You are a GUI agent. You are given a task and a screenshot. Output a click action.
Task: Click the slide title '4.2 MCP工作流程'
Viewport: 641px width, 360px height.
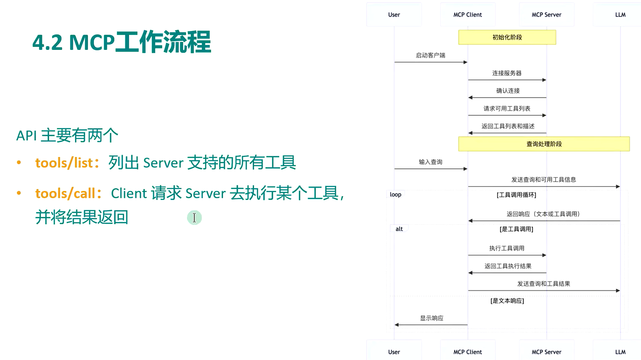[122, 42]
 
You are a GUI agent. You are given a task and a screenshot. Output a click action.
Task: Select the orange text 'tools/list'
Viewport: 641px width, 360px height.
[64, 163]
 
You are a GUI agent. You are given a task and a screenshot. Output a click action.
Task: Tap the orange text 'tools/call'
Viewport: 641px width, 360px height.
[65, 193]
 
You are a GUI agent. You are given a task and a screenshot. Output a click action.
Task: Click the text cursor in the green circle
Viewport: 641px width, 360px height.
[194, 218]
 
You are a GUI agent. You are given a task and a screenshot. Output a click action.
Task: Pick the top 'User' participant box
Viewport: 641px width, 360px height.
[394, 15]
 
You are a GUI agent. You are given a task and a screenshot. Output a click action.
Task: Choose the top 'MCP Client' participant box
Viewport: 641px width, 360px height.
[467, 15]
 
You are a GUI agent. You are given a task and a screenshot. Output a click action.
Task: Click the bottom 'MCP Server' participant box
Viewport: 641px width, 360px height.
[546, 352]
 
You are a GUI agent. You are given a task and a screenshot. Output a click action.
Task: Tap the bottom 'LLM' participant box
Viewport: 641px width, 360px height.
[620, 352]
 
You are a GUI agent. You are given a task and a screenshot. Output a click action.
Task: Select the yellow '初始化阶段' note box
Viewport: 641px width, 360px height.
[507, 37]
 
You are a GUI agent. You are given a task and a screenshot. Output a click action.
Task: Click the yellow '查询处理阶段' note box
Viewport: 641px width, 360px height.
[544, 144]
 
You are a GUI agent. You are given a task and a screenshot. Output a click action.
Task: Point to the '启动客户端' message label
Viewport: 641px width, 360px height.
[431, 55]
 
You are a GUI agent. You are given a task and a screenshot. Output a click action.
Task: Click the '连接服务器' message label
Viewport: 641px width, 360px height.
[507, 73]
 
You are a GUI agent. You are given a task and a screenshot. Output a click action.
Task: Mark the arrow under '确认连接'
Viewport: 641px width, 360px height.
[507, 98]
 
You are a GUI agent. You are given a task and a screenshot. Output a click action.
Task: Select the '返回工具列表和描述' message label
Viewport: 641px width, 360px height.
[508, 126]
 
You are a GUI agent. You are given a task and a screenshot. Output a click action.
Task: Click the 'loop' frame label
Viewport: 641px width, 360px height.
[395, 194]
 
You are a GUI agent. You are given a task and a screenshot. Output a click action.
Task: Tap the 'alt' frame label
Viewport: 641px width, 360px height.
[399, 229]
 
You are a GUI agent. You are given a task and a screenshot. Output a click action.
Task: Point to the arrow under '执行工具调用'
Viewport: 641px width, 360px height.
[507, 255]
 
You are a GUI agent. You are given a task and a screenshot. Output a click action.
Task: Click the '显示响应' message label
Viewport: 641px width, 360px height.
[431, 318]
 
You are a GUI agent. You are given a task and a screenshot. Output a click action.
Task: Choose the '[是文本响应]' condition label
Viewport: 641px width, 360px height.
[507, 301]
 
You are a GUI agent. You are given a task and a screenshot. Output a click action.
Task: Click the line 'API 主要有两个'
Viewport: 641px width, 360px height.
[67, 135]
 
